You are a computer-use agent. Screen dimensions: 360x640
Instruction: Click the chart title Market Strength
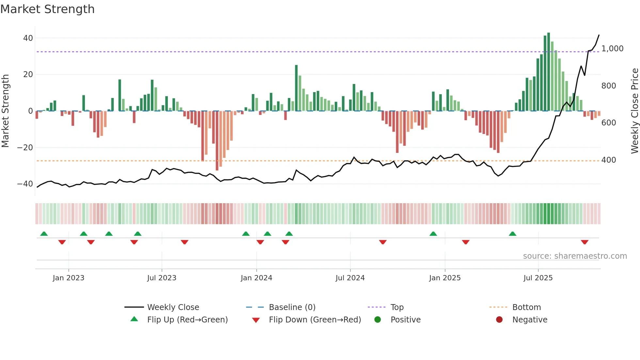coord(47,9)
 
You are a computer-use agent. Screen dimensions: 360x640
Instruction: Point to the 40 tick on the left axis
coord(28,38)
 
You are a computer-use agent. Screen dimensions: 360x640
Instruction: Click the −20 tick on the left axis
coord(25,148)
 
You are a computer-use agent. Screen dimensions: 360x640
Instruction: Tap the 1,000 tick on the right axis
coord(612,49)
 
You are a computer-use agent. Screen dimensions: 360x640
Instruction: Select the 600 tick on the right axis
coord(609,123)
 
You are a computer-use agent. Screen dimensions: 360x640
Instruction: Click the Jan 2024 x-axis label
coord(256,278)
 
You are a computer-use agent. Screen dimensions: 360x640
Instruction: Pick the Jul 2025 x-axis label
coord(538,278)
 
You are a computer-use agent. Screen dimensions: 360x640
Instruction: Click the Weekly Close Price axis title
coord(634,111)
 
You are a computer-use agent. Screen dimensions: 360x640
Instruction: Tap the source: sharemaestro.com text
coord(575,256)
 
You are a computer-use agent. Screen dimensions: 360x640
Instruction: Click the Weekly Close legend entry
coord(173,307)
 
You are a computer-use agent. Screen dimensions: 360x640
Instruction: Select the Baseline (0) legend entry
coord(292,307)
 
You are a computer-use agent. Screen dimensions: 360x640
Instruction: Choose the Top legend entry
coord(397,307)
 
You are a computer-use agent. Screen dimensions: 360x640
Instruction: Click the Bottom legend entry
coord(526,307)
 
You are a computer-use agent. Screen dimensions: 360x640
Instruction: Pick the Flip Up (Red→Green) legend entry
coord(187,320)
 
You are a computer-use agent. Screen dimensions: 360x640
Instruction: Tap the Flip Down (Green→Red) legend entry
coord(315,320)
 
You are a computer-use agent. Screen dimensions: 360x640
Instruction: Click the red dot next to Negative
coord(499,320)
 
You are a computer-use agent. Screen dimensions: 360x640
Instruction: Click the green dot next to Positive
coord(377,320)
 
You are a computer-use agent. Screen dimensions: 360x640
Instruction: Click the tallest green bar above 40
coord(549,72)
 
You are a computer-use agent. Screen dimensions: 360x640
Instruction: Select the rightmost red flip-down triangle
coord(584,242)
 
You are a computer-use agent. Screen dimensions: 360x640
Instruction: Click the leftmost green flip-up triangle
coord(44,234)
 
